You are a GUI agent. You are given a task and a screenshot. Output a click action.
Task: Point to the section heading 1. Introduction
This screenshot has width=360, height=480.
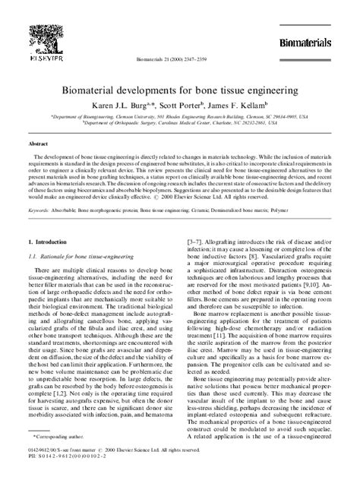(x=48, y=242)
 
